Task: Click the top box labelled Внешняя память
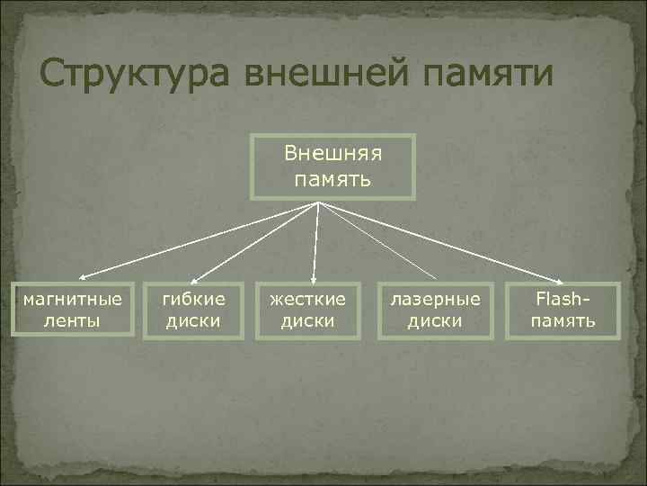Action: [332, 166]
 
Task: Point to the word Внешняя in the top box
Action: [332, 152]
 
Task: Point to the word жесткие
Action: [307, 298]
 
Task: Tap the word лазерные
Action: [434, 298]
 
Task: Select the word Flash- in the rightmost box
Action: [563, 298]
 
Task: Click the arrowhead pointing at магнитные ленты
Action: [78, 277]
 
